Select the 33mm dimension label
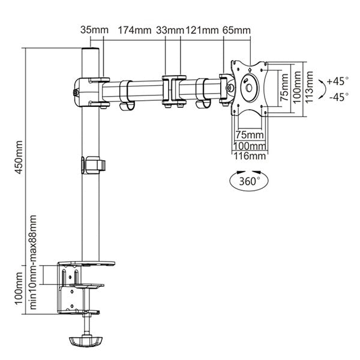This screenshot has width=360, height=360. tap(170, 29)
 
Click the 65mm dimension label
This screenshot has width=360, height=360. tap(236, 29)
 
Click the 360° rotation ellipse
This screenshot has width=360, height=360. tap(246, 179)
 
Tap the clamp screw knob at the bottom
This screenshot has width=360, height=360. tap(86, 341)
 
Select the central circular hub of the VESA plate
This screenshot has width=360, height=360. tap(247, 86)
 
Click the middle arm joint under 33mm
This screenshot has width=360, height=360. tap(173, 90)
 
